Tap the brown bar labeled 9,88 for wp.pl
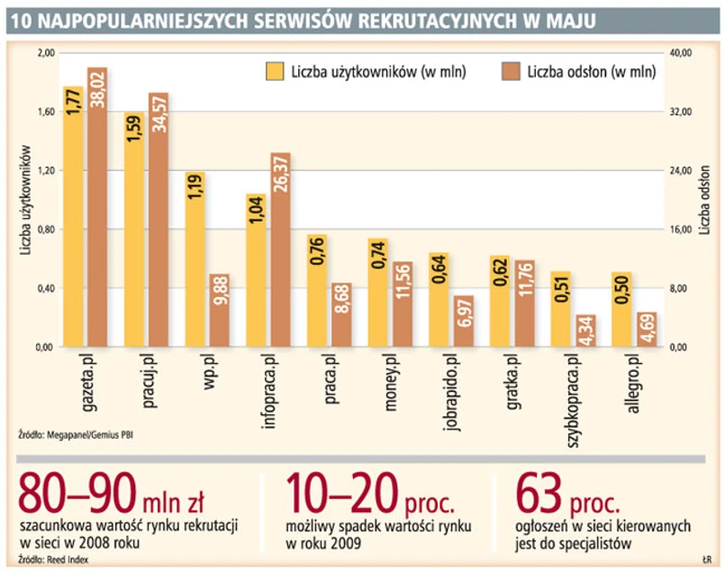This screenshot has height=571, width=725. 219,311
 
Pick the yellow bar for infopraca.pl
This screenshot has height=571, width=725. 256,271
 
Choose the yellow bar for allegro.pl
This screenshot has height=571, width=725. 621,310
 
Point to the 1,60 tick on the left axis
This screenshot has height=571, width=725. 44,112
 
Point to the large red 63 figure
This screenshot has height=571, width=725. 539,494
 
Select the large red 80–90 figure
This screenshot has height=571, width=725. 77,494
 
